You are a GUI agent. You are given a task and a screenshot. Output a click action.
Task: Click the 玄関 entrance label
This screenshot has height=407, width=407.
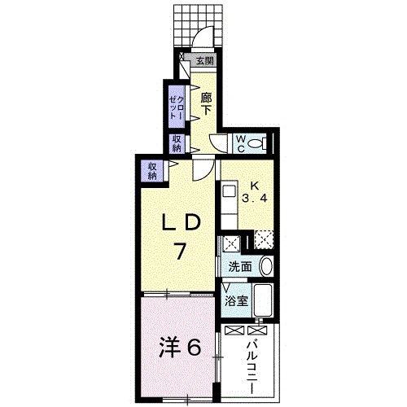[205, 62]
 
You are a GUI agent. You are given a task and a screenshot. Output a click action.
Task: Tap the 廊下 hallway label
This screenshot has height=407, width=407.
[206, 104]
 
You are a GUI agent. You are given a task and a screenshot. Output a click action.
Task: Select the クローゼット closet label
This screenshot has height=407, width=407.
[177, 107]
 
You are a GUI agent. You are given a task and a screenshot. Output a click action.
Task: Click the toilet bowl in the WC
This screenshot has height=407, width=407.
[256, 143]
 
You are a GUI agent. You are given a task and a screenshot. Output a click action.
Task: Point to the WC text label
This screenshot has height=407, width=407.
[241, 144]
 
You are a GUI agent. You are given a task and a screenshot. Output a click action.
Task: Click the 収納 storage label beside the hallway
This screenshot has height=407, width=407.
[177, 144]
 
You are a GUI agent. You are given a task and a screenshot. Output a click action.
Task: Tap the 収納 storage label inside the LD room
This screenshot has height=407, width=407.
[152, 171]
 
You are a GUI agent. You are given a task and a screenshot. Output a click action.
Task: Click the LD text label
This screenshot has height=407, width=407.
[182, 222]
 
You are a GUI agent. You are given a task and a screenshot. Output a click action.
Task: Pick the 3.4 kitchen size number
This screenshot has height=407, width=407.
[255, 199]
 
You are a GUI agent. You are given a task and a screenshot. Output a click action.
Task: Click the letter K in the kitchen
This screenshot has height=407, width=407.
[255, 186]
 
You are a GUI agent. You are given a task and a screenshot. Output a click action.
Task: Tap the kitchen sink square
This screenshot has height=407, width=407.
[230, 191]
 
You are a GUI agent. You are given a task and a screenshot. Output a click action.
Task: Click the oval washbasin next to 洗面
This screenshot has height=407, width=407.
[266, 266]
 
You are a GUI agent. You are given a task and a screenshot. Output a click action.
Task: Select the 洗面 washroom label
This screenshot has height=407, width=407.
[240, 267]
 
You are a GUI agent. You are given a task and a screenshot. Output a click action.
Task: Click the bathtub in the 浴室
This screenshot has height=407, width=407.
[263, 300]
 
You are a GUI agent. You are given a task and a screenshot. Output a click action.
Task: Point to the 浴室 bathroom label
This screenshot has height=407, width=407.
[236, 301]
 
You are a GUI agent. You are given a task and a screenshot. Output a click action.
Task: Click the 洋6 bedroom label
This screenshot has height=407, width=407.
[180, 348]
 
